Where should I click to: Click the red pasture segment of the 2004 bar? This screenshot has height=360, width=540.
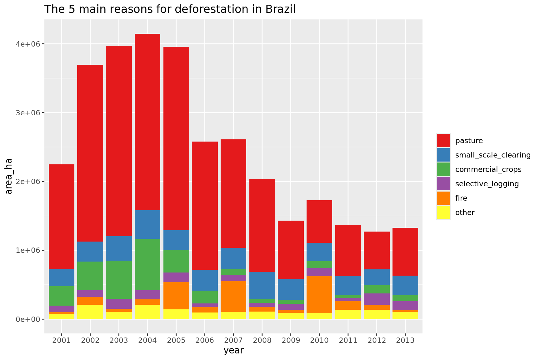tap(147, 122)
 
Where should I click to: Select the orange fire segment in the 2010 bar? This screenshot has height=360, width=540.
tap(319, 294)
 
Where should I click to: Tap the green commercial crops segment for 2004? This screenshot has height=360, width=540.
tap(147, 264)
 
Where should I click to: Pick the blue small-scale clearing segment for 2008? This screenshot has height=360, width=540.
tap(262, 285)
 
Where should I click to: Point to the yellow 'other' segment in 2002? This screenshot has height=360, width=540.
tap(90, 312)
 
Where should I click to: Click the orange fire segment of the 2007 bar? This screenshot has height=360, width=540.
tap(233, 296)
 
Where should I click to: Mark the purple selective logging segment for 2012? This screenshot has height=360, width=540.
tap(377, 299)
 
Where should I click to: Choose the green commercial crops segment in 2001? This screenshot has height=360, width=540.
tap(62, 296)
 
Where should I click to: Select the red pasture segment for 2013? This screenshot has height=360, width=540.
tap(405, 252)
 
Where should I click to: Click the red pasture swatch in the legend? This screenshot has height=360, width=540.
tap(443, 141)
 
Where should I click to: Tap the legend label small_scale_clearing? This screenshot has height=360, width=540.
tap(493, 155)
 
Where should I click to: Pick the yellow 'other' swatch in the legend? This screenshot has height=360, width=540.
tap(443, 212)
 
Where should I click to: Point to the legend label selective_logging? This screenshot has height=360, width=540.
tap(487, 184)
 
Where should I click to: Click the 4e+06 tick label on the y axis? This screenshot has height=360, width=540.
tap(28, 44)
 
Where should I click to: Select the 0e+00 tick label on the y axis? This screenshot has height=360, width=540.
tap(28, 319)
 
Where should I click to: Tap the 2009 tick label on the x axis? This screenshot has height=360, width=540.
tap(291, 340)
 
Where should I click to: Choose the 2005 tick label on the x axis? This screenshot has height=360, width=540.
tap(176, 340)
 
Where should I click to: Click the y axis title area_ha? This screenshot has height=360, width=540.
tap(9, 176)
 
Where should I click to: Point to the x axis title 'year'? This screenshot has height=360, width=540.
tap(233, 351)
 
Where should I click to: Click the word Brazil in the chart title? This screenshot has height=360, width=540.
tap(280, 9)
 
